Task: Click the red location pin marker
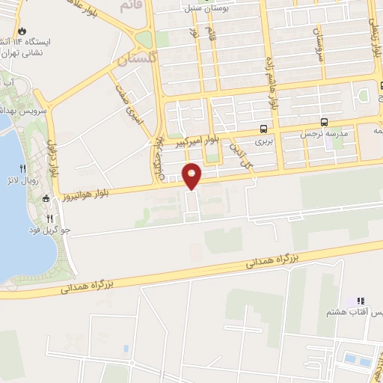(x=192, y=177)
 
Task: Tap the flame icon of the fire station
(x=21, y=31)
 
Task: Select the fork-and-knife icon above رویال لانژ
(x=22, y=168)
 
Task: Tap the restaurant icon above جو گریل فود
(x=50, y=218)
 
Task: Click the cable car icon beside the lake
(x=46, y=198)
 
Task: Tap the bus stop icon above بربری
(x=263, y=127)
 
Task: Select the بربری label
(x=263, y=140)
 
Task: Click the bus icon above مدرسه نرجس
(x=323, y=121)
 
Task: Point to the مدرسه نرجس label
(x=322, y=134)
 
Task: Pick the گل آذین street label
(x=238, y=145)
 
